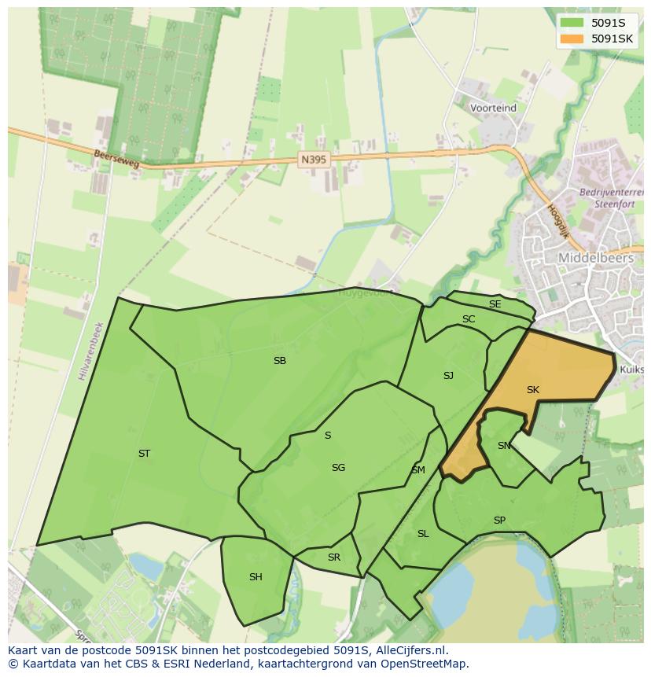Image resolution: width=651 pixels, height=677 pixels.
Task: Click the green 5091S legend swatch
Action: (572, 23)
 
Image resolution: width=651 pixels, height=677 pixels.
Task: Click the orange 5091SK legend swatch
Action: (572, 39)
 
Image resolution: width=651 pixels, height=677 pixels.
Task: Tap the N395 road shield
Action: (313, 159)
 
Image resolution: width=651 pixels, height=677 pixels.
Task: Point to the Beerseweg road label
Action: (116, 160)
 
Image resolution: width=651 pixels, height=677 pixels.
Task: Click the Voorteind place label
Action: (493, 108)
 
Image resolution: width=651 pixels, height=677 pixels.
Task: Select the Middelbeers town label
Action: (596, 257)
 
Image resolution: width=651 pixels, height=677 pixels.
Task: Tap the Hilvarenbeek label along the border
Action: (90, 351)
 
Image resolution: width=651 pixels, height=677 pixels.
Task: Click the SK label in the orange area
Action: (533, 390)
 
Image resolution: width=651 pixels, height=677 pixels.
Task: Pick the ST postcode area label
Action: (144, 454)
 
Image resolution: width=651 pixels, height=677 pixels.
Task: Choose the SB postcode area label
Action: (280, 361)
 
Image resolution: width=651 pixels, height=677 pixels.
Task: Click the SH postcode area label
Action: (256, 577)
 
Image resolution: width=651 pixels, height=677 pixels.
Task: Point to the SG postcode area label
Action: (338, 468)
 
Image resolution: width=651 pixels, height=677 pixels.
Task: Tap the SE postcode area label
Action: (495, 304)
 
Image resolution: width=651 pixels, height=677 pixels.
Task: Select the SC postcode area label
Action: (469, 319)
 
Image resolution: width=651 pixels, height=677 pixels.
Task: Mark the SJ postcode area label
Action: (448, 376)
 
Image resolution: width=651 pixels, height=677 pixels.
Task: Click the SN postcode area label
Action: (504, 446)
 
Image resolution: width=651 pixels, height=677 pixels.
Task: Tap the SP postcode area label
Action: (499, 521)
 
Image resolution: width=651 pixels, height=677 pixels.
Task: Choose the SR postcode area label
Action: (334, 557)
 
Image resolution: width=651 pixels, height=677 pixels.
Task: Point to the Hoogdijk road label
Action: (557, 222)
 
